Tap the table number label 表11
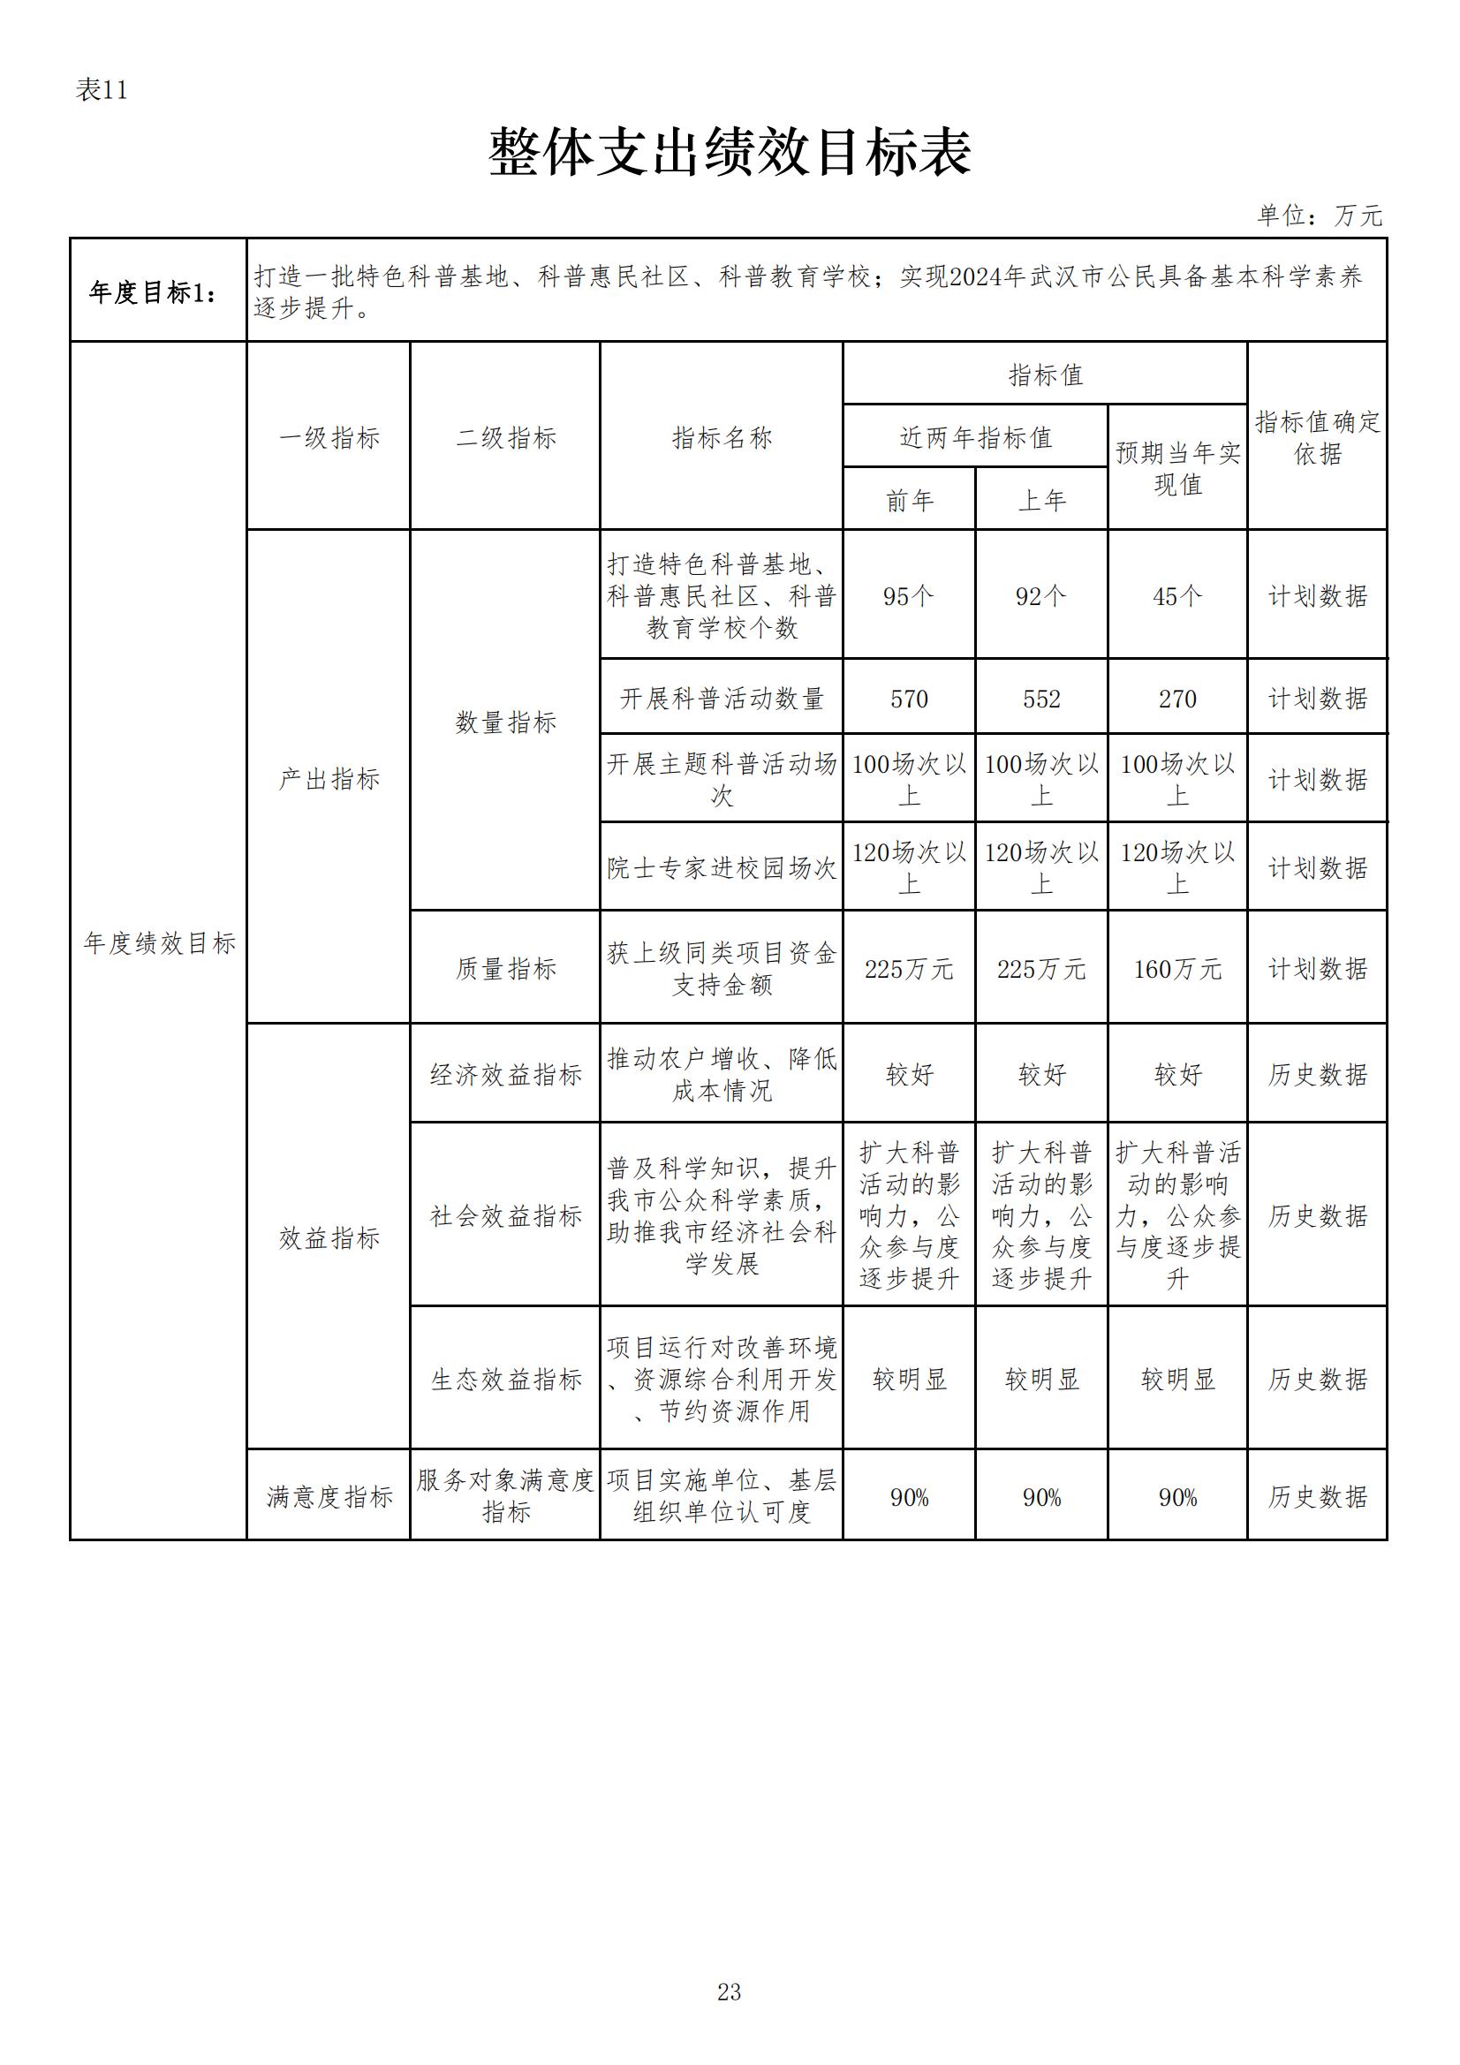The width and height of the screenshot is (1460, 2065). coord(102,90)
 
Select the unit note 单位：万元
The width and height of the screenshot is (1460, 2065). coord(1319,216)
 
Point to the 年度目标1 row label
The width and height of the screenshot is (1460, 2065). coord(154,292)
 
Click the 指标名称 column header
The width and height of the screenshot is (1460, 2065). coord(722,438)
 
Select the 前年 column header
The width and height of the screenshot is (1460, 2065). coord(909,500)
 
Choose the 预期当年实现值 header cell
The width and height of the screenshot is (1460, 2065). coord(1176,469)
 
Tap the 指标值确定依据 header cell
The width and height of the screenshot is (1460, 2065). coord(1317,438)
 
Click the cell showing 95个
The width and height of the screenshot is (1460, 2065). coord(909,596)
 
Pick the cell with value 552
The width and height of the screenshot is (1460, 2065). coord(1040,699)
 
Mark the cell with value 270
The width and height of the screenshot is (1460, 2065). coord(1176,699)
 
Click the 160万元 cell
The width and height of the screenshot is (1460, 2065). coord(1176,969)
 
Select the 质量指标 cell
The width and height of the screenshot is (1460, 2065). coord(505,969)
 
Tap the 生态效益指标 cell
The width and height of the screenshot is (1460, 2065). coord(505,1379)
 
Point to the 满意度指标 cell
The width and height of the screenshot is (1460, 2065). coord(329,1496)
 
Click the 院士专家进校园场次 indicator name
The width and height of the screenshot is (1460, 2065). coord(722,868)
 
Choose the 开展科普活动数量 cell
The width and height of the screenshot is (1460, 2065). coord(722,699)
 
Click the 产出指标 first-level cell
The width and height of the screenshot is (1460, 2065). coord(329,779)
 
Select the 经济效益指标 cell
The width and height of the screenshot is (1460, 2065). coord(505,1074)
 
